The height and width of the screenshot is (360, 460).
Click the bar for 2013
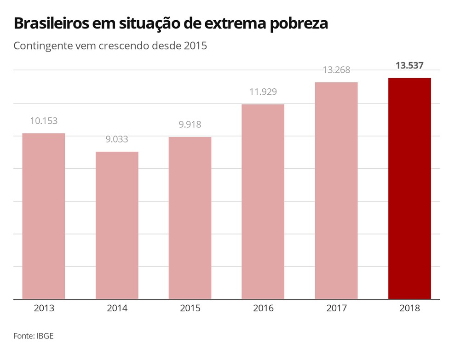[44, 216]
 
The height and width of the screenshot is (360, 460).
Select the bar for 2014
[117, 225]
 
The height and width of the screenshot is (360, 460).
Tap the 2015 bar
[190, 218]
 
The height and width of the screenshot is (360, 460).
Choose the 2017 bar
[336, 190]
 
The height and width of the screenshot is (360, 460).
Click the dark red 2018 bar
[409, 189]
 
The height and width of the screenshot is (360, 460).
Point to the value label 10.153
[44, 121]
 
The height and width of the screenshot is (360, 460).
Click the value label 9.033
[117, 139]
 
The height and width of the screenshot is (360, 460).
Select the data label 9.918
[190, 125]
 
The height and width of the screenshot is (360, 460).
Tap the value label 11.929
[263, 91]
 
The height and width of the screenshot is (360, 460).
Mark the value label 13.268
[336, 70]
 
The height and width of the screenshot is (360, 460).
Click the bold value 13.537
[409, 66]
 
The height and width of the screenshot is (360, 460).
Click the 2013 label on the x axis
[44, 309]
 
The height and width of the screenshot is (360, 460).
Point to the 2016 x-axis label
[263, 309]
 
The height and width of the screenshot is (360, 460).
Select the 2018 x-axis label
[409, 309]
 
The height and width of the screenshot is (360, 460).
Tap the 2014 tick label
[117, 309]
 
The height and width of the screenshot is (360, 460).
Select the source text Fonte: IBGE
[34, 336]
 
